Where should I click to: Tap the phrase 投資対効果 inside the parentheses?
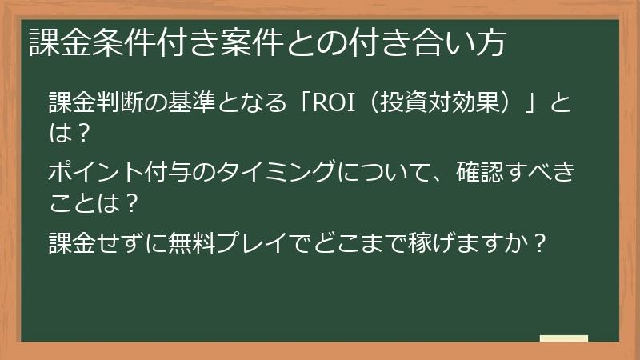point(425,104)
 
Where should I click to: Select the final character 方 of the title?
point(490,42)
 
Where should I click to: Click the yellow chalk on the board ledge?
point(563,339)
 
